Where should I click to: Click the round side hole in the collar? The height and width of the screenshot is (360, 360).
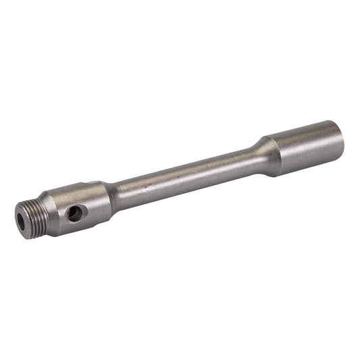(74, 213)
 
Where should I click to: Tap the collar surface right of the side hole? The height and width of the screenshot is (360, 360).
(91, 206)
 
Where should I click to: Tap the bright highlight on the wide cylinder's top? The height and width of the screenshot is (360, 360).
(304, 132)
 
